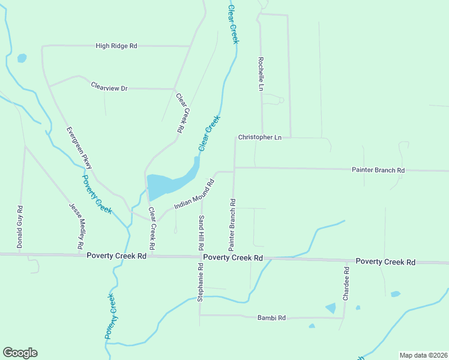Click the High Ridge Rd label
pos(116,46)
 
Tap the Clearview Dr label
pos(109,88)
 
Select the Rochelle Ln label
pos(261,74)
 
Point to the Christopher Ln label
pos(259,137)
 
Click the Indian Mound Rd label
pos(194,194)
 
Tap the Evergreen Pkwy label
pos(79,147)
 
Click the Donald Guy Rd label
pos(20,227)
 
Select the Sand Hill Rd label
pos(202,233)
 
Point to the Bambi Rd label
pos(271,317)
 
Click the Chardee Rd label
pos(346,284)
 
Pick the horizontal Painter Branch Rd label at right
pos(378,170)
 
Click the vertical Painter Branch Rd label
pos(232,225)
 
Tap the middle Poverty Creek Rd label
pos(233,257)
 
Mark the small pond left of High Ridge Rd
pos(22,58)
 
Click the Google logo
pos(20,353)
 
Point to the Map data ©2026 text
pos(423,355)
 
